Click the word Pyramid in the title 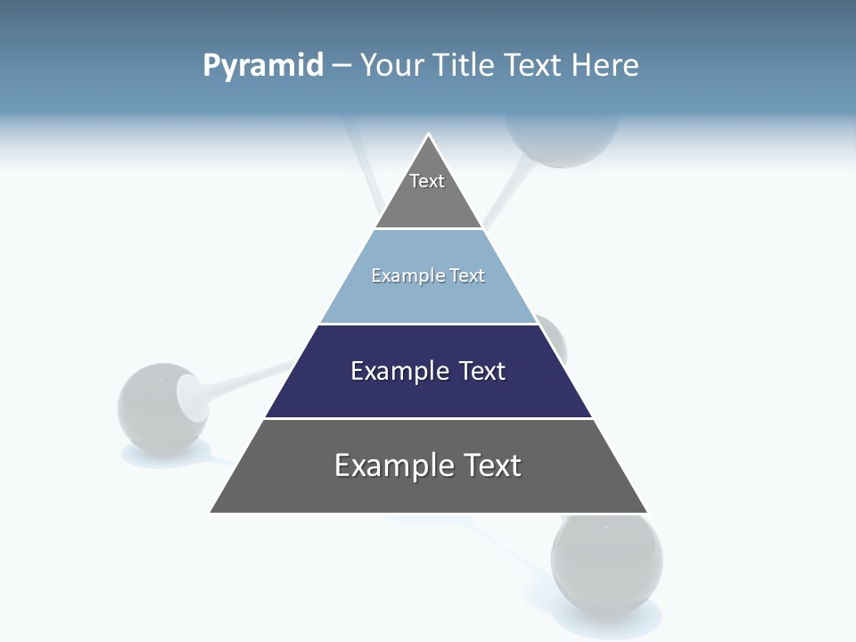click(263, 66)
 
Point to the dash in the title click(341, 66)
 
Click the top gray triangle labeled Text click(428, 192)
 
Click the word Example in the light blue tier click(400, 276)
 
